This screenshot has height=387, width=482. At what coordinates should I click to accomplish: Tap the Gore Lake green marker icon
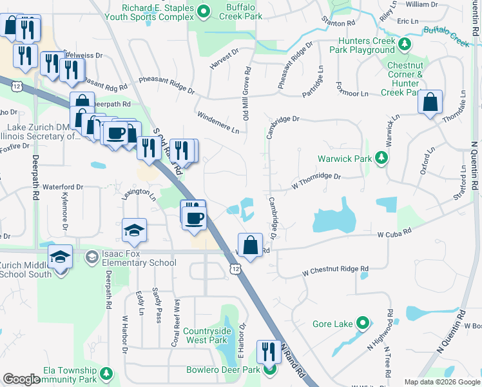(363, 322)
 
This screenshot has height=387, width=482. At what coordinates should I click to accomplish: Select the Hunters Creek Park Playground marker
(404, 44)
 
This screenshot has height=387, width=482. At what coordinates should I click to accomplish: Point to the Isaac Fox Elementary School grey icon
(92, 257)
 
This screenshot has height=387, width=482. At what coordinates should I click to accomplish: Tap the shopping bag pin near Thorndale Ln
(430, 102)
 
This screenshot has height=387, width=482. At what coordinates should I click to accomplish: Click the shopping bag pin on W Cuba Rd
(251, 245)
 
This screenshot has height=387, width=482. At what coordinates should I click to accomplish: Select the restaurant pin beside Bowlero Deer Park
(268, 352)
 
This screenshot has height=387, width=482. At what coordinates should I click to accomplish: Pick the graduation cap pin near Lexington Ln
(134, 231)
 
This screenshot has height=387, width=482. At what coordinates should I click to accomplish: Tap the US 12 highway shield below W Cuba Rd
(236, 268)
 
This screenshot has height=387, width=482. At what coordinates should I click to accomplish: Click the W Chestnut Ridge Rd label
(335, 270)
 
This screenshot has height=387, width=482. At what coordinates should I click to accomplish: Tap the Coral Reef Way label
(175, 322)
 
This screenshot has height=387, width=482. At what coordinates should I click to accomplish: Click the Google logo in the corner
(21, 379)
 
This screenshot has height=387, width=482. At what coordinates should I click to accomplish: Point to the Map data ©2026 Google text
(441, 382)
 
